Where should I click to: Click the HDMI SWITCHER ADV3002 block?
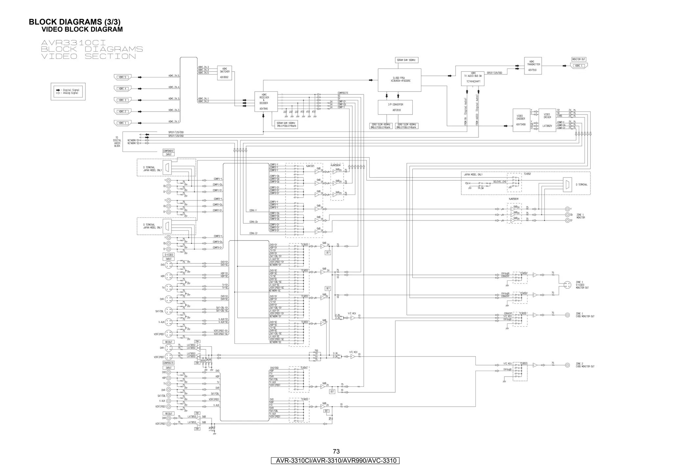(225, 73)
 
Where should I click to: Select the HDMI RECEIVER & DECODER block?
(264, 101)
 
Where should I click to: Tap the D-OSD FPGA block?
(399, 80)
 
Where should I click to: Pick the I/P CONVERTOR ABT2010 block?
(395, 107)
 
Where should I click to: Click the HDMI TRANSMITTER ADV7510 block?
(533, 66)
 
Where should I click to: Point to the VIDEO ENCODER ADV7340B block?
(522, 120)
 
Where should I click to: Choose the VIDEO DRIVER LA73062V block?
(547, 120)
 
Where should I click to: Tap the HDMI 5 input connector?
(122, 77)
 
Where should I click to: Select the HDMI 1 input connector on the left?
(122, 123)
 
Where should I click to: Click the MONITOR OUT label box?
(579, 59)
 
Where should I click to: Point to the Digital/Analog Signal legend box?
(68, 92)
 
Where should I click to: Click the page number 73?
(336, 451)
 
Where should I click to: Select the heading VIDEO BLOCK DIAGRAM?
(82, 30)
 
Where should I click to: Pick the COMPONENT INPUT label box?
(168, 153)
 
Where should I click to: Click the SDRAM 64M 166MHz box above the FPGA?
(406, 60)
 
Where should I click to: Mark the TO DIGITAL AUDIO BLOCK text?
(117, 142)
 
